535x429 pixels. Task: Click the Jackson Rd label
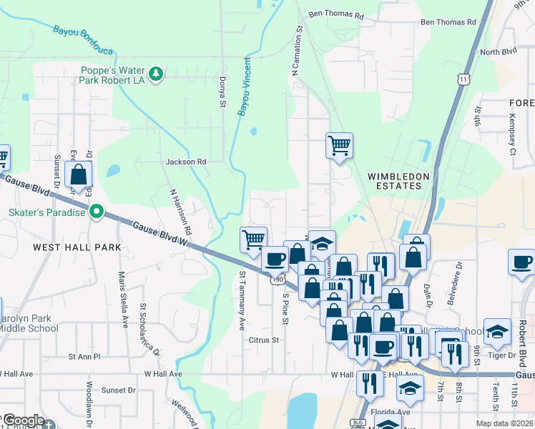tap(186, 162)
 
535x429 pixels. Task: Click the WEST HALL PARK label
tap(77, 247)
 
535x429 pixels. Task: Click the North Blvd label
tap(499, 52)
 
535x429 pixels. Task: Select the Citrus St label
tap(263, 340)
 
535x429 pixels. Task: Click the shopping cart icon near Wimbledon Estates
tap(339, 145)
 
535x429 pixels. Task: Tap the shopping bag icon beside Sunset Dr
tap(78, 174)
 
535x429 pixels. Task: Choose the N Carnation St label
tap(297, 50)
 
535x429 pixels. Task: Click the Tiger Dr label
tap(501, 355)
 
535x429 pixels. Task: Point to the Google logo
tap(24, 420)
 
